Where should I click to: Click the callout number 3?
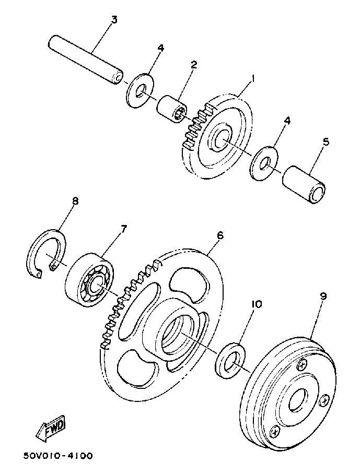click(114, 19)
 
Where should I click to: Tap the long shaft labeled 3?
click(86, 58)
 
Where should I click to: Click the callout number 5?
click(326, 141)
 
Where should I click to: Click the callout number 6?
click(220, 235)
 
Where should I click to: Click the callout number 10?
click(256, 303)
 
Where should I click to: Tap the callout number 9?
click(323, 296)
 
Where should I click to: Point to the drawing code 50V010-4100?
click(57, 456)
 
